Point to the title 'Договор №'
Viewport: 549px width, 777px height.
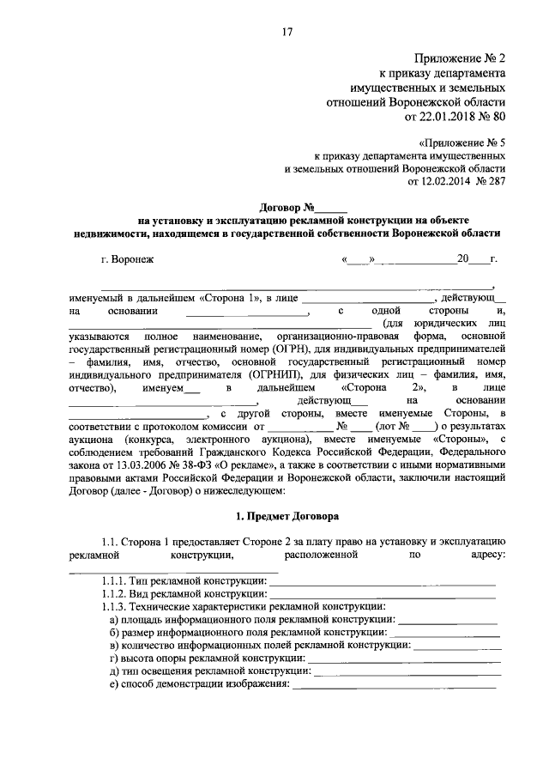[289, 207]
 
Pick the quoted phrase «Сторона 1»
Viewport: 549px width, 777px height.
[230, 297]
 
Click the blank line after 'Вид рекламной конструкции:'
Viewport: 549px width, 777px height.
[383, 594]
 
